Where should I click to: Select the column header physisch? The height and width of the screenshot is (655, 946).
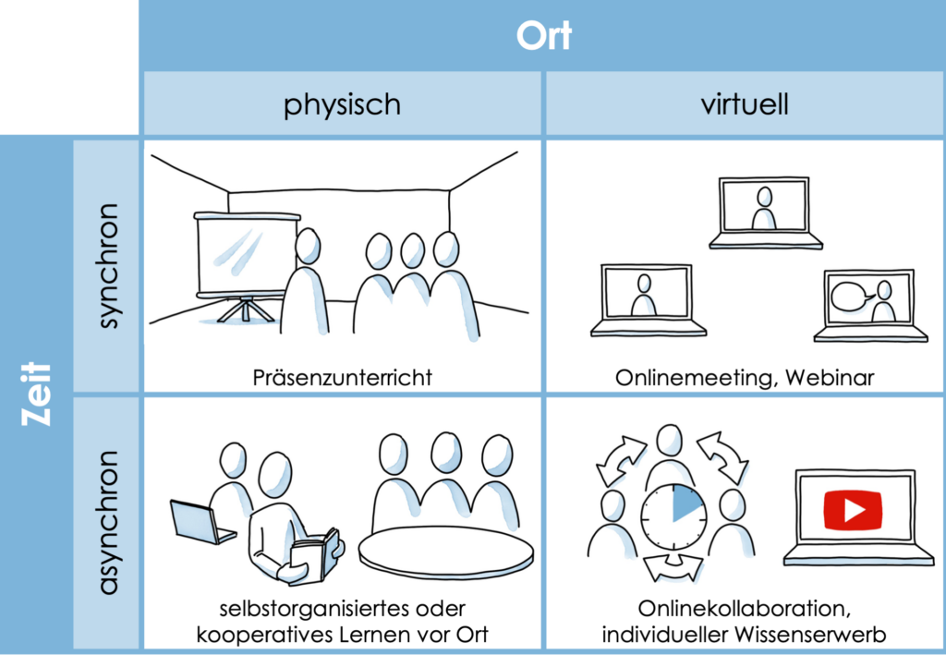pyautogui.click(x=342, y=103)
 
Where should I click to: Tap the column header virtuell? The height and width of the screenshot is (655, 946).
pyautogui.click(x=745, y=103)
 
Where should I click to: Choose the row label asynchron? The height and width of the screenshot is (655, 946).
pyautogui.click(x=107, y=522)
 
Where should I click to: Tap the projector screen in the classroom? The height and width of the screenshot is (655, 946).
pyautogui.click(x=245, y=254)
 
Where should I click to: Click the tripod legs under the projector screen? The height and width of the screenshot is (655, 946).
pyautogui.click(x=245, y=309)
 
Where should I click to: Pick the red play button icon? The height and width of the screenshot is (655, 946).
pyautogui.click(x=853, y=509)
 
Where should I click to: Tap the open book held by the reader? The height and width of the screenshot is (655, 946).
pyautogui.click(x=315, y=555)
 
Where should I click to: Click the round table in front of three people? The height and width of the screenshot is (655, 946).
pyautogui.click(x=445, y=552)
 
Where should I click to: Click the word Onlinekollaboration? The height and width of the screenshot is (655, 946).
pyautogui.click(x=734, y=610)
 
